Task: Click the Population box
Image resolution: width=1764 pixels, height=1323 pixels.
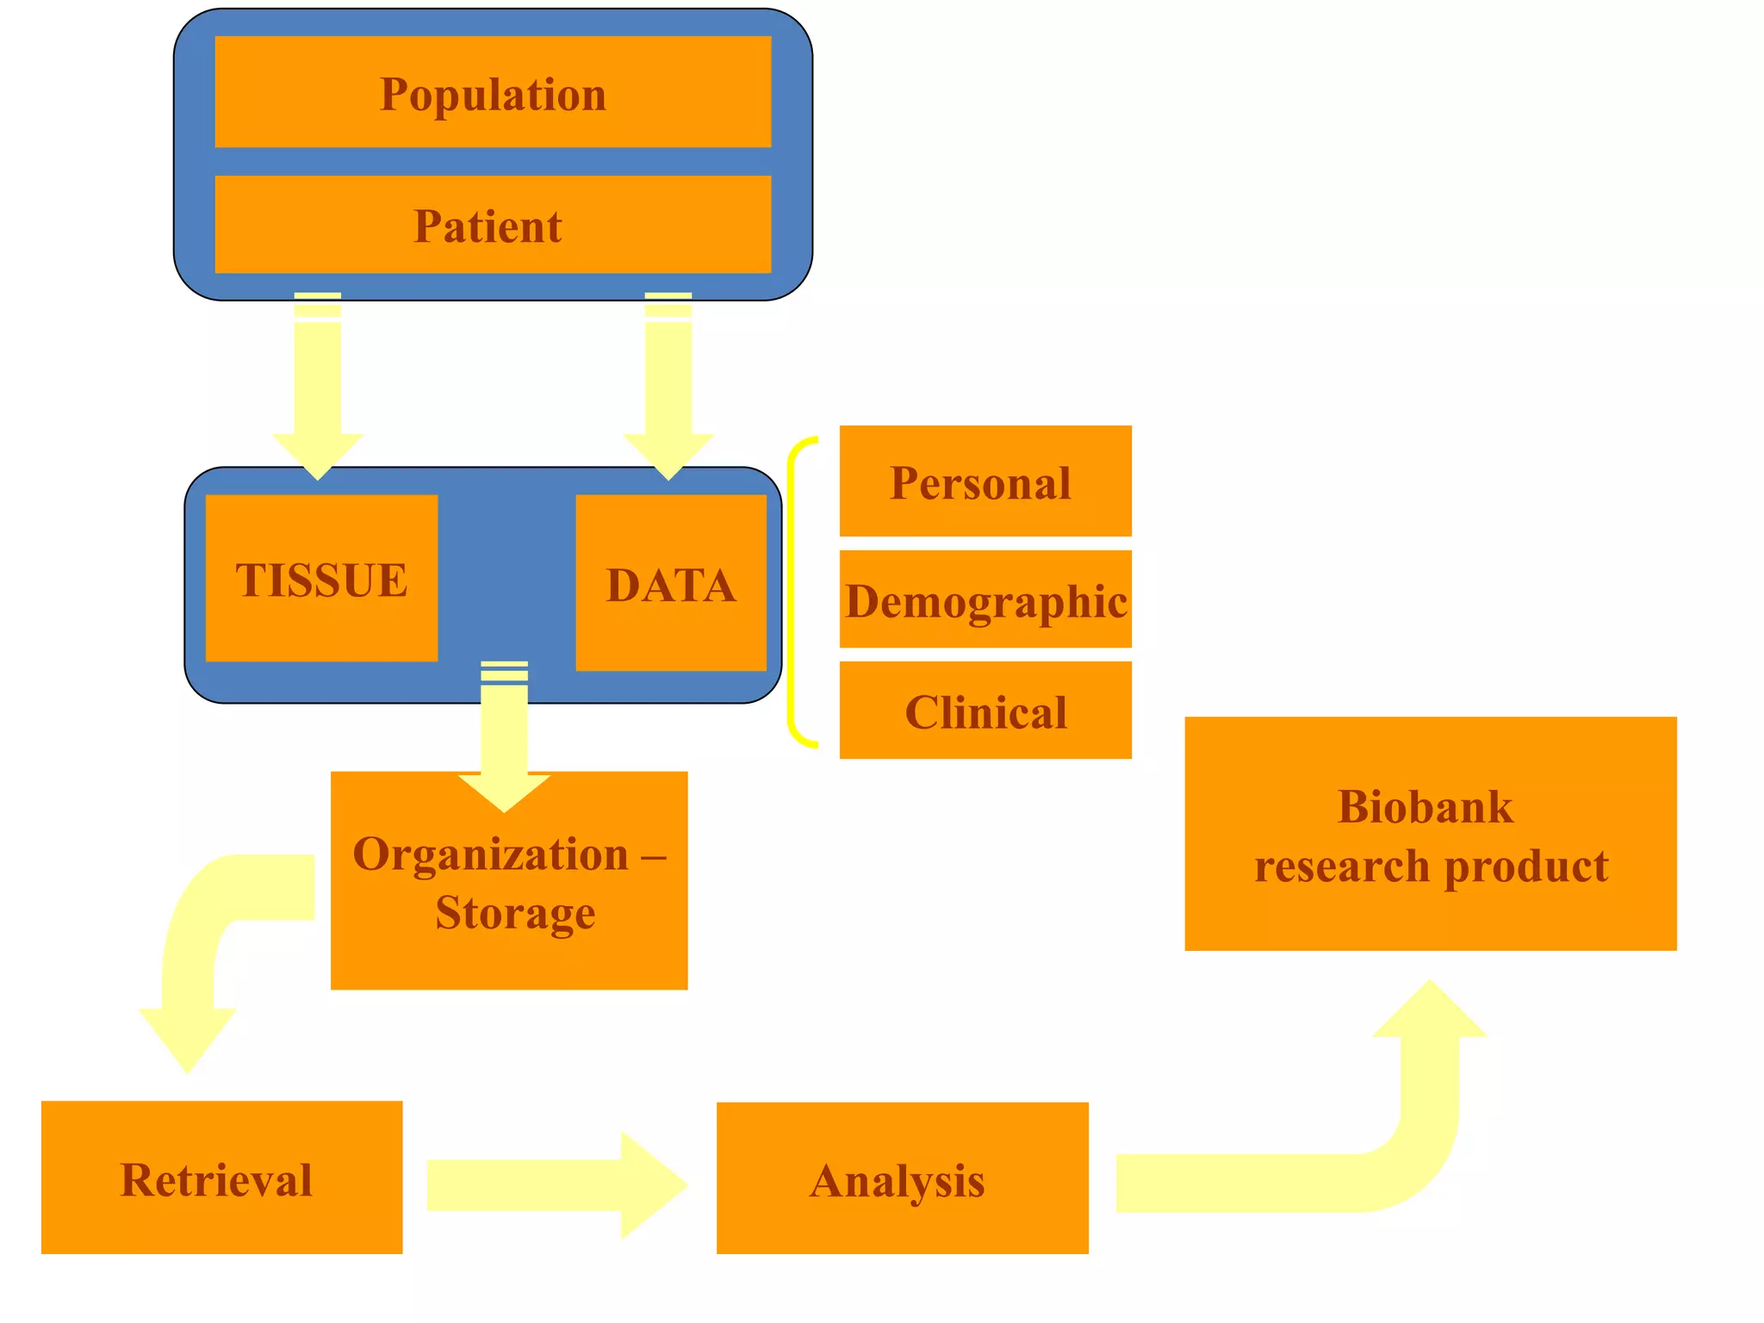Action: click(493, 92)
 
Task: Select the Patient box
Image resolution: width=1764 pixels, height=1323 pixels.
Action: click(493, 225)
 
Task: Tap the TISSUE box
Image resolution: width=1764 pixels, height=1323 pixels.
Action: click(321, 578)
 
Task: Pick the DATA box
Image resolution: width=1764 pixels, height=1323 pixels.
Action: click(671, 583)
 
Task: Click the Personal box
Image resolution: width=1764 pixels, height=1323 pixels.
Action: click(985, 481)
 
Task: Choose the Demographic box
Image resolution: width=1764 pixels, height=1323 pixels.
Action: click(985, 599)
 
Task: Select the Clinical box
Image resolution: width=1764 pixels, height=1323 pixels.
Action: click(985, 711)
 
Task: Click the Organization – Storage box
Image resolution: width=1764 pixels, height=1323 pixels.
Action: click(509, 913)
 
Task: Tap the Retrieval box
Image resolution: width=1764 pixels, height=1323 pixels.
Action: click(221, 1177)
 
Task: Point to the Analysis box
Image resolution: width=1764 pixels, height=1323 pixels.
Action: click(902, 1178)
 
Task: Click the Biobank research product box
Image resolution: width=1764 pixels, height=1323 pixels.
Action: click(1430, 834)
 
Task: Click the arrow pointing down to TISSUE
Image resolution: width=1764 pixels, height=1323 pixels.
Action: click(318, 388)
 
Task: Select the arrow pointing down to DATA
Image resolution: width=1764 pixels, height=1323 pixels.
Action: click(668, 388)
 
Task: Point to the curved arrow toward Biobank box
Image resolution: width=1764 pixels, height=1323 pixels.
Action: click(1395, 1154)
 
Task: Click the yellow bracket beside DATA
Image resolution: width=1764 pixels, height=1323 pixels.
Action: click(794, 593)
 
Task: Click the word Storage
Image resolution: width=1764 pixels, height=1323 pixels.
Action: click(515, 913)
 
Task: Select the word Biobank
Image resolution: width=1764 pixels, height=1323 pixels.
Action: click(1425, 807)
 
